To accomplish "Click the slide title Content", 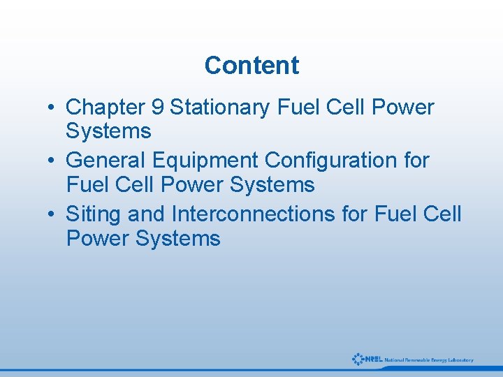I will [x=251, y=66].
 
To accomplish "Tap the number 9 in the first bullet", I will [x=157, y=108].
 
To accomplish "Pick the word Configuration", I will [x=333, y=161].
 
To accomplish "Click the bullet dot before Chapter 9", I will [x=52, y=108].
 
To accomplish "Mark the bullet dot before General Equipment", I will [x=52, y=161].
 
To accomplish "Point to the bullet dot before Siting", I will [x=52, y=214].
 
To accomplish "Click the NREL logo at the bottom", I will [x=367, y=359].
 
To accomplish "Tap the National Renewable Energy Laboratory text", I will [x=428, y=360].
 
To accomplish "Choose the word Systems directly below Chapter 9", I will [x=108, y=131].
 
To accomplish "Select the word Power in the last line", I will [x=98, y=239].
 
